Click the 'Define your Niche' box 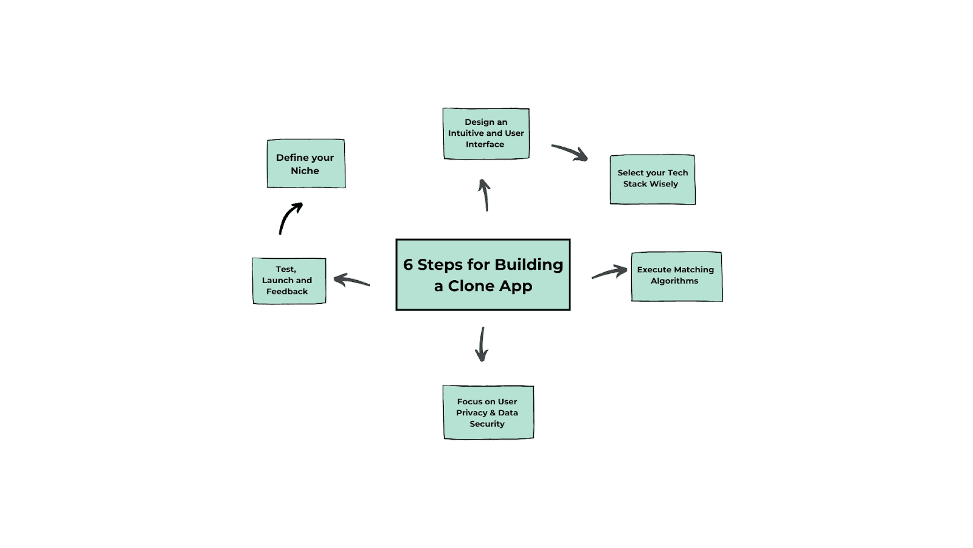306,163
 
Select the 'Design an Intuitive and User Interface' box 486,133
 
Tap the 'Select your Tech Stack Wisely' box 653,179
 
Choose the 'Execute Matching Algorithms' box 676,276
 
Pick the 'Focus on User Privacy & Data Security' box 488,412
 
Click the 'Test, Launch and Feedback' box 289,281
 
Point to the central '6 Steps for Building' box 483,275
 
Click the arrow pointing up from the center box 485,194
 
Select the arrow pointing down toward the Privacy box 482,345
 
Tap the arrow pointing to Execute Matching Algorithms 609,272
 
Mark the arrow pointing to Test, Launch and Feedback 351,281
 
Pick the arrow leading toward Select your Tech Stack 570,152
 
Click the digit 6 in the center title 408,265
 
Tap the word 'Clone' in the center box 471,286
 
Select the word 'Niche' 305,171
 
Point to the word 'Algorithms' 674,281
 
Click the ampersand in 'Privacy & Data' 493,413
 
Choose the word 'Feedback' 287,292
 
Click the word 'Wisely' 663,184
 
